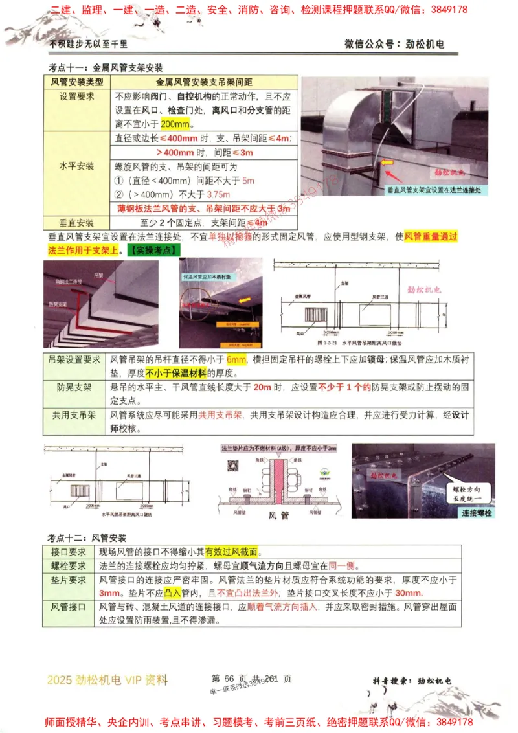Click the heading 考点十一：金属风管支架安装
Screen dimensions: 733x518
106,67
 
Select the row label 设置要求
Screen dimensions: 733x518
77,96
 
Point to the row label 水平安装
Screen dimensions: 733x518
77,166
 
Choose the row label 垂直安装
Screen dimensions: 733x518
77,222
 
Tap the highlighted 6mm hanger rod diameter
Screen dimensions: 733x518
236,360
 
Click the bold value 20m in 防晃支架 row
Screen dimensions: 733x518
262,388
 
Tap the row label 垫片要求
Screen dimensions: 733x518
69,580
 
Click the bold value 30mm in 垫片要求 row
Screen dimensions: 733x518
409,593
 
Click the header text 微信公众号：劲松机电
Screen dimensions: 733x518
396,44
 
